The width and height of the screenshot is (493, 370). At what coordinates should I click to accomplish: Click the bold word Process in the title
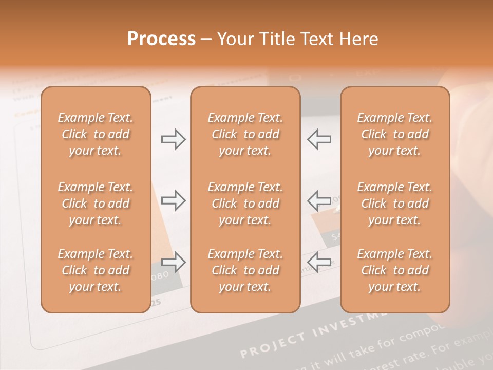tap(161, 39)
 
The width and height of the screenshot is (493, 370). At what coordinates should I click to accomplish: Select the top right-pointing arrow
tap(173, 139)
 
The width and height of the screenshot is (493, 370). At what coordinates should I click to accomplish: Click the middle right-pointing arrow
tap(173, 200)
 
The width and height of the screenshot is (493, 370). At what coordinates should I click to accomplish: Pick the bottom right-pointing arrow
tap(173, 262)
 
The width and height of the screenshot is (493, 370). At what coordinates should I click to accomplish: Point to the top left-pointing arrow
tap(319, 139)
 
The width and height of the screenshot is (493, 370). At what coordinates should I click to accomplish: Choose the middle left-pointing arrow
tap(319, 200)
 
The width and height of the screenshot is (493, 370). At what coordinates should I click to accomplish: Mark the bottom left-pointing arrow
tap(319, 262)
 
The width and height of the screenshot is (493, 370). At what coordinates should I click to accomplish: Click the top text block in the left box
tap(96, 134)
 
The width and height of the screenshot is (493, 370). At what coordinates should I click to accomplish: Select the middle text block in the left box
tap(96, 203)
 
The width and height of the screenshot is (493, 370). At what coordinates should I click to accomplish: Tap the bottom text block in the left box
tap(96, 270)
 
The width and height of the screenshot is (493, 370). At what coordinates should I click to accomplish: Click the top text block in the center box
tap(245, 134)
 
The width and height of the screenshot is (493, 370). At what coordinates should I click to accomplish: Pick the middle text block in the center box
tap(245, 203)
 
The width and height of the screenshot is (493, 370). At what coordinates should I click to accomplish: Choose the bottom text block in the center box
tap(245, 270)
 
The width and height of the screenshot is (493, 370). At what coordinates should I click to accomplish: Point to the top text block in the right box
tap(395, 134)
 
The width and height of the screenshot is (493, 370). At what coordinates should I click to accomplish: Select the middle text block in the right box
tap(395, 203)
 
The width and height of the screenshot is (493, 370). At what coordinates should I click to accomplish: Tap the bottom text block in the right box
tap(395, 270)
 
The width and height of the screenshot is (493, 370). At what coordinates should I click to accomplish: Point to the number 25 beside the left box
tap(156, 302)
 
